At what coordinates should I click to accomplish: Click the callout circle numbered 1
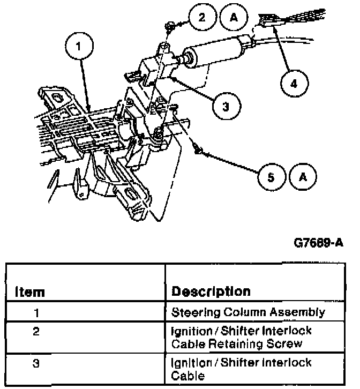point(79,47)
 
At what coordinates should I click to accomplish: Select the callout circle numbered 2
point(201,18)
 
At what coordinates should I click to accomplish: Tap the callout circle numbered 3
point(225,107)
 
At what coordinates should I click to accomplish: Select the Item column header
point(29,292)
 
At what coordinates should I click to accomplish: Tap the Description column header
point(211,291)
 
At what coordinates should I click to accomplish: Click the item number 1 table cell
point(36,312)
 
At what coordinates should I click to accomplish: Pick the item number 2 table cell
point(36,331)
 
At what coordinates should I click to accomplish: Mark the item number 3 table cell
point(36,363)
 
